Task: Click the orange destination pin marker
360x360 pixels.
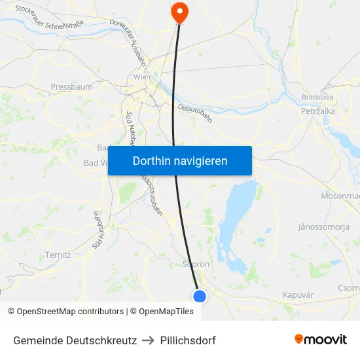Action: (x=178, y=11)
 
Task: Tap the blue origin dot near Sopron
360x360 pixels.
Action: (x=200, y=297)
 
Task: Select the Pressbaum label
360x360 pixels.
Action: (x=71, y=86)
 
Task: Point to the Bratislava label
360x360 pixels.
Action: (x=318, y=97)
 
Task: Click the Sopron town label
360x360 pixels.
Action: (x=196, y=264)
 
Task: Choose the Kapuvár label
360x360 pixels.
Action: (x=298, y=295)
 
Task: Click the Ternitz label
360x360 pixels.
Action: (x=58, y=255)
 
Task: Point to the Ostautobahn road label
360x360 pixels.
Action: (x=195, y=113)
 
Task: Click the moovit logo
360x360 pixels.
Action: (x=321, y=340)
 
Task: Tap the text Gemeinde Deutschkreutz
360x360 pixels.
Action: (x=75, y=340)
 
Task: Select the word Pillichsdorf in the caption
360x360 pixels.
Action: (x=188, y=340)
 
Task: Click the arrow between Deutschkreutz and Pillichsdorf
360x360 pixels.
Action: (x=148, y=340)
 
